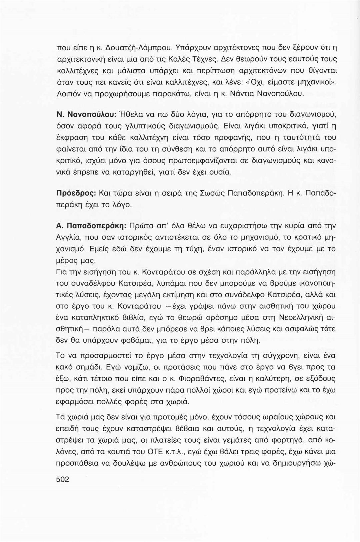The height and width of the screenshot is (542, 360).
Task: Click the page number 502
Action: click(63, 479)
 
